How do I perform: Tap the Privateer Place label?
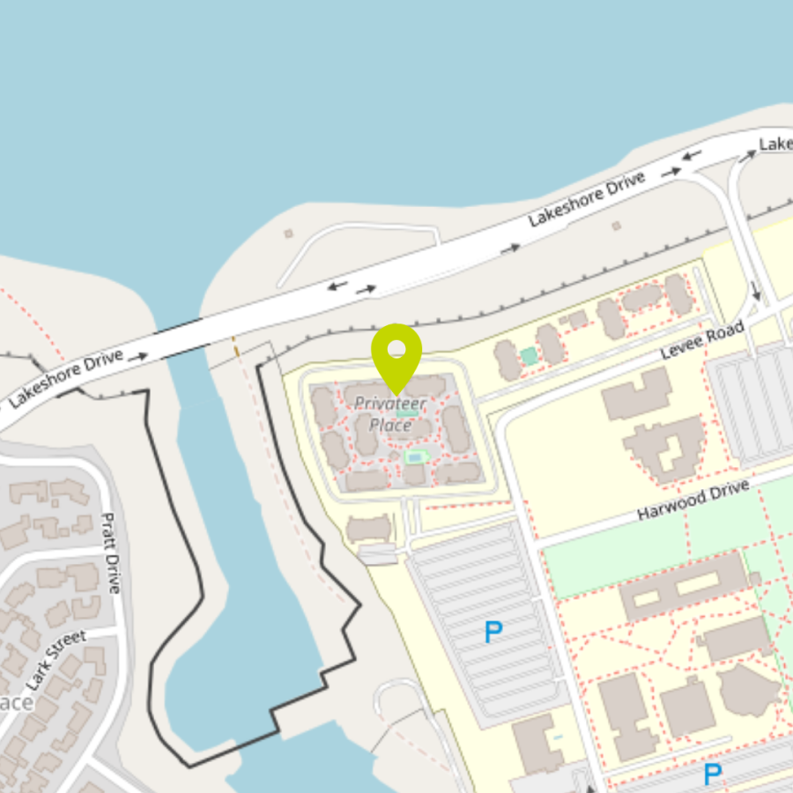click(x=390, y=414)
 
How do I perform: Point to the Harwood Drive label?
click(x=693, y=500)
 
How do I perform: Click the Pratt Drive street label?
click(x=110, y=552)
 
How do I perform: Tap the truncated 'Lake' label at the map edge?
click(x=775, y=143)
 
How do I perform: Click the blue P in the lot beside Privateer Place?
click(x=493, y=631)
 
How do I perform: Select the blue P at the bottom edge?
click(x=712, y=774)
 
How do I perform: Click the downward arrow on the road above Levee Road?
click(x=755, y=290)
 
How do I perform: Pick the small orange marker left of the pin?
click(x=235, y=349)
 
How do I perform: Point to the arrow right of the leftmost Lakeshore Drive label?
click(x=137, y=357)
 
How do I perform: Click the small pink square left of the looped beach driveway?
click(x=288, y=233)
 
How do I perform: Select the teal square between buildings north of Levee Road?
click(x=529, y=356)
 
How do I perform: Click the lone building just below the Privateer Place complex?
click(x=369, y=529)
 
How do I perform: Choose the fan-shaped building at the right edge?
click(x=747, y=690)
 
